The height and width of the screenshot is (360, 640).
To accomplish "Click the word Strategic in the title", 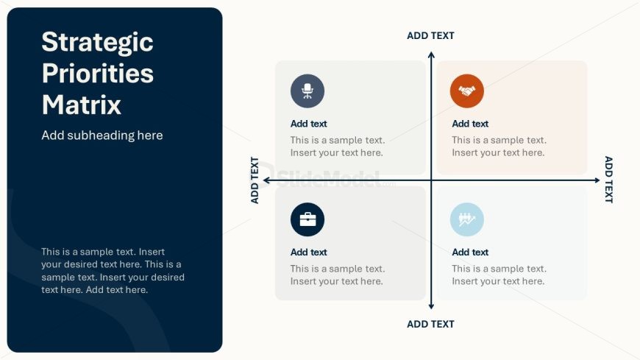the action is pos(98,43).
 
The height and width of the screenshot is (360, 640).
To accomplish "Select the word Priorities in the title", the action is pos(98,73).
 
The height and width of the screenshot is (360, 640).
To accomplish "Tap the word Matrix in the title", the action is pos(82,105).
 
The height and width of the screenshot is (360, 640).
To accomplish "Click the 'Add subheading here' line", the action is pos(102,135).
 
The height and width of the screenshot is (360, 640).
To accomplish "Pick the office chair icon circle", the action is pos(307,91).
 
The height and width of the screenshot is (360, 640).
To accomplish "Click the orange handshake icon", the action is pos(467,91).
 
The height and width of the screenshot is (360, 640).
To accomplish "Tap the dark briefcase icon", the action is pos(307,219).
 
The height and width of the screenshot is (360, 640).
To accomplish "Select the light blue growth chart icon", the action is pos(467,219).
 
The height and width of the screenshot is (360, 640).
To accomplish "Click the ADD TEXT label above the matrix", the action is pos(430,36).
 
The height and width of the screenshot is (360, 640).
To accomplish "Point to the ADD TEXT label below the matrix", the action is pos(430,324).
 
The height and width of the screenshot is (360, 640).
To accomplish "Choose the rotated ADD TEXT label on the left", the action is pos(255,180).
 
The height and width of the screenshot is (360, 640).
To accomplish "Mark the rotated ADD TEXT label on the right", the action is pos(608,180).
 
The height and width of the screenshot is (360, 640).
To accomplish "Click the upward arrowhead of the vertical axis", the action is pos(431,54).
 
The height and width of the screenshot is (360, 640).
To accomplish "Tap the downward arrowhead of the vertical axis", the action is pos(431,306).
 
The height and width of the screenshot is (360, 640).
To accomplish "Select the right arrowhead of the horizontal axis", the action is pos(597,180).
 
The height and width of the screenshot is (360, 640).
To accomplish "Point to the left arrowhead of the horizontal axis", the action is pos(266,180).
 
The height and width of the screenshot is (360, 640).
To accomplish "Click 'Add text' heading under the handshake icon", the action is pos(470,124).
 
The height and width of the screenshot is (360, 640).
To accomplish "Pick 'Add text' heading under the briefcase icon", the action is pos(308,253).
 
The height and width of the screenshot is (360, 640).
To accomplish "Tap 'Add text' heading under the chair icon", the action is pos(308,124).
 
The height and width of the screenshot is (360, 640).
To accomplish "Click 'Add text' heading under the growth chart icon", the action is pos(470,253).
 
